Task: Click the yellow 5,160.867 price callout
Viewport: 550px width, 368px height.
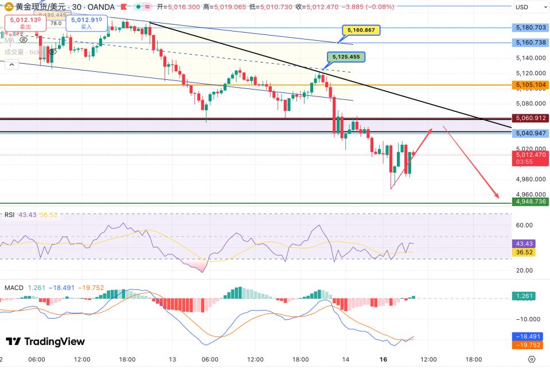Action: pyautogui.click(x=361, y=30)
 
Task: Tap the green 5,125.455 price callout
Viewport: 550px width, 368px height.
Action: pyautogui.click(x=346, y=57)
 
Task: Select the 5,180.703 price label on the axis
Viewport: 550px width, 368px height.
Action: pyautogui.click(x=531, y=27)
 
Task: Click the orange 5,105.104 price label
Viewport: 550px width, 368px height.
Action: pyautogui.click(x=531, y=85)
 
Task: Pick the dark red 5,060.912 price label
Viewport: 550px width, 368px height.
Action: pyautogui.click(x=531, y=118)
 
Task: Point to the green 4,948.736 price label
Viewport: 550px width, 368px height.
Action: pyautogui.click(x=531, y=202)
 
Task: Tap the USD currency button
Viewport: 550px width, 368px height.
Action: pyautogui.click(x=522, y=7)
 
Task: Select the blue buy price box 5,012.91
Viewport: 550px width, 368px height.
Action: pyautogui.click(x=86, y=23)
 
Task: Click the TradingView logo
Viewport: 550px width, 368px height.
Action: pyautogui.click(x=45, y=342)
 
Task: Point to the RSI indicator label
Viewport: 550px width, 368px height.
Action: pyautogui.click(x=9, y=215)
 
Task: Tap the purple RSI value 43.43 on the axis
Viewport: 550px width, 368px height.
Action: pyautogui.click(x=525, y=244)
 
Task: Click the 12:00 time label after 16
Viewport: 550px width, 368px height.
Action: pyautogui.click(x=428, y=359)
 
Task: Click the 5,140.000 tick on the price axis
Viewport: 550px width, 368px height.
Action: pyautogui.click(x=531, y=58)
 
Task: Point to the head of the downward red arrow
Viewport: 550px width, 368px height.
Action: pyautogui.click(x=498, y=198)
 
